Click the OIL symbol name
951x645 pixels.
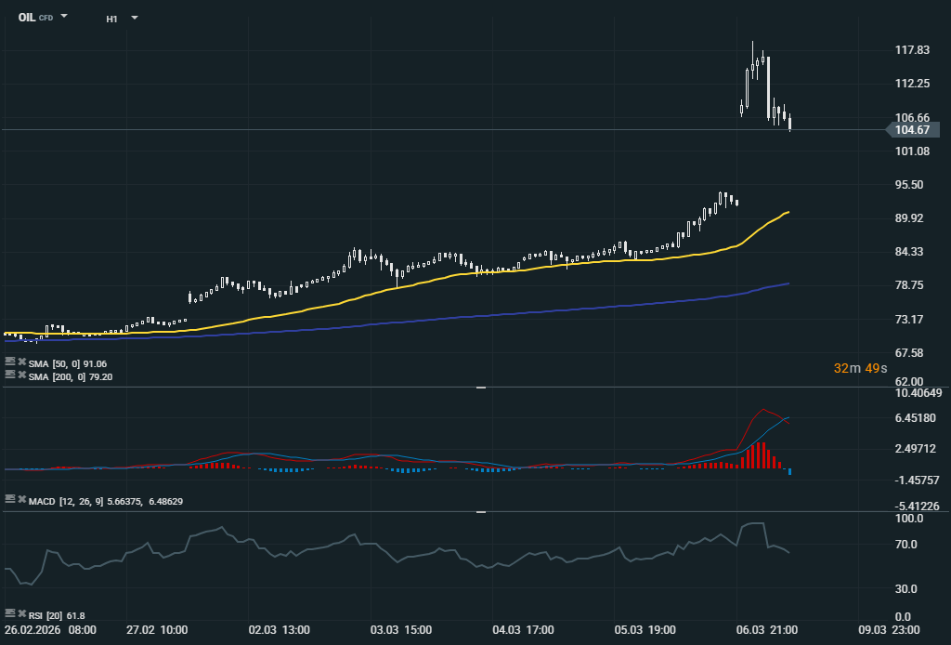[x=27, y=18]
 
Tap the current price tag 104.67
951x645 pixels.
[x=912, y=130]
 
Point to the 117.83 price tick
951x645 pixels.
[x=912, y=50]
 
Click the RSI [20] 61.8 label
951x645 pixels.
[x=57, y=615]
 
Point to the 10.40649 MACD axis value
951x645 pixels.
[x=918, y=393]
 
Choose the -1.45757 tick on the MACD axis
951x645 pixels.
[x=918, y=480]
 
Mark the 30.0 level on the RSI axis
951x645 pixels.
[x=905, y=589]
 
